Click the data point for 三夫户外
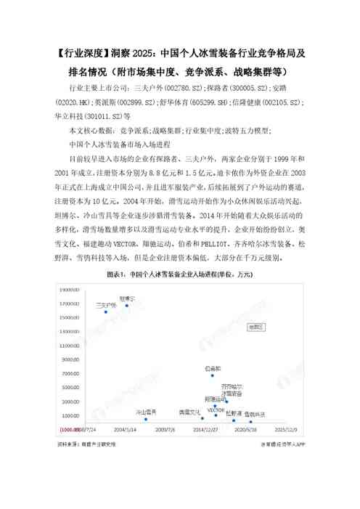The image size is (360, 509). pyautogui.click(x=105, y=311)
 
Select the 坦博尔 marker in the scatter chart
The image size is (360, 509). pyautogui.click(x=126, y=305)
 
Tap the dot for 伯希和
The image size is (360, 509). pyautogui.click(x=212, y=375)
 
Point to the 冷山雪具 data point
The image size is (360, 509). pyautogui.click(x=147, y=419)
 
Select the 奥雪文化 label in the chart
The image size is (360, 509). pyautogui.click(x=189, y=412)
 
